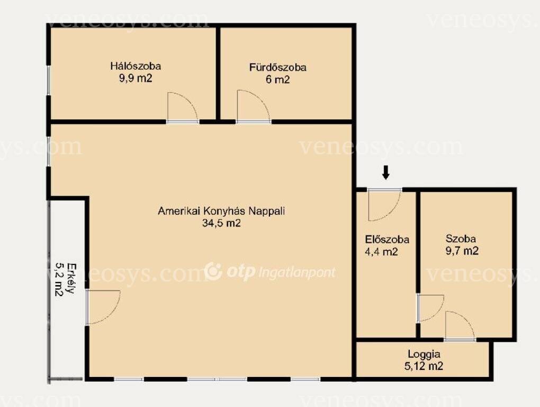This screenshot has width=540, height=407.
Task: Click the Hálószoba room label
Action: pyautogui.click(x=136, y=66)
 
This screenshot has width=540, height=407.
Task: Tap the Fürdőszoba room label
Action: pyautogui.click(x=277, y=67)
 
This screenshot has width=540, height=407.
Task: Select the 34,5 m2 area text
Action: pyautogui.click(x=221, y=223)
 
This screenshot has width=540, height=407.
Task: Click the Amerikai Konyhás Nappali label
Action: pyautogui.click(x=221, y=211)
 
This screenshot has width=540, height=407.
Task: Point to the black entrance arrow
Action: pyautogui.click(x=386, y=172)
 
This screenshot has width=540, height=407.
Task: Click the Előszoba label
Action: pyautogui.click(x=387, y=239)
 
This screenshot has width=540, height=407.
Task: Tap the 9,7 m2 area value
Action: pyautogui.click(x=462, y=251)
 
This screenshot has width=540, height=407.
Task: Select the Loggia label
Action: pyautogui.click(x=424, y=354)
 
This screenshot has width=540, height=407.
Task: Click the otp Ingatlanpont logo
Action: pyautogui.click(x=269, y=272)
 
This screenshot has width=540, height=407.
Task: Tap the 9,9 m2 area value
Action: pyautogui.click(x=136, y=78)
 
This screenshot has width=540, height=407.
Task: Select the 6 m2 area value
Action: pyautogui.click(x=277, y=79)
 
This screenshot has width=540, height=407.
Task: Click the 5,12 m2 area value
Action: pyautogui.click(x=424, y=366)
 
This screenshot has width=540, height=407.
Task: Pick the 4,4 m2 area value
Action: pyautogui.click(x=381, y=252)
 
